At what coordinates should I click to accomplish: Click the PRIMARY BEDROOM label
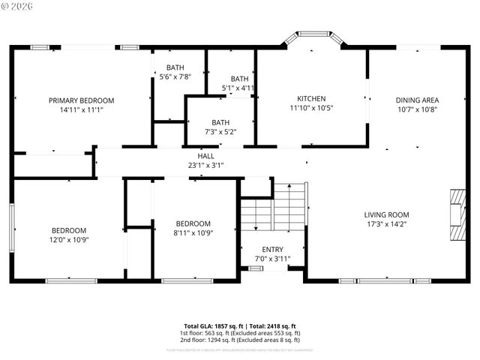click(x=81, y=100)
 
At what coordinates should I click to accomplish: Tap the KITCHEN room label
click(x=311, y=99)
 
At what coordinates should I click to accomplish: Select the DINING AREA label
click(x=417, y=100)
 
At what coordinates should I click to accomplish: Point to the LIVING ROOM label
click(x=386, y=214)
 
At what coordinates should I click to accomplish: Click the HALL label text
click(x=205, y=156)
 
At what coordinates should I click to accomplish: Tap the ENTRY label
click(x=272, y=250)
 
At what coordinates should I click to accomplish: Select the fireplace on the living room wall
click(x=457, y=214)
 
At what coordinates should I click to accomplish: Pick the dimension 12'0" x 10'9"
click(x=68, y=240)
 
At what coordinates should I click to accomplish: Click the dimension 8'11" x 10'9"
click(x=193, y=232)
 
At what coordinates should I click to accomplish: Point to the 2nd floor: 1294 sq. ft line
click(x=239, y=340)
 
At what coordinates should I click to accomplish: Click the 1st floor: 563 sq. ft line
click(x=239, y=333)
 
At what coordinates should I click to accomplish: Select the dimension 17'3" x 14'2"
click(x=386, y=223)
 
